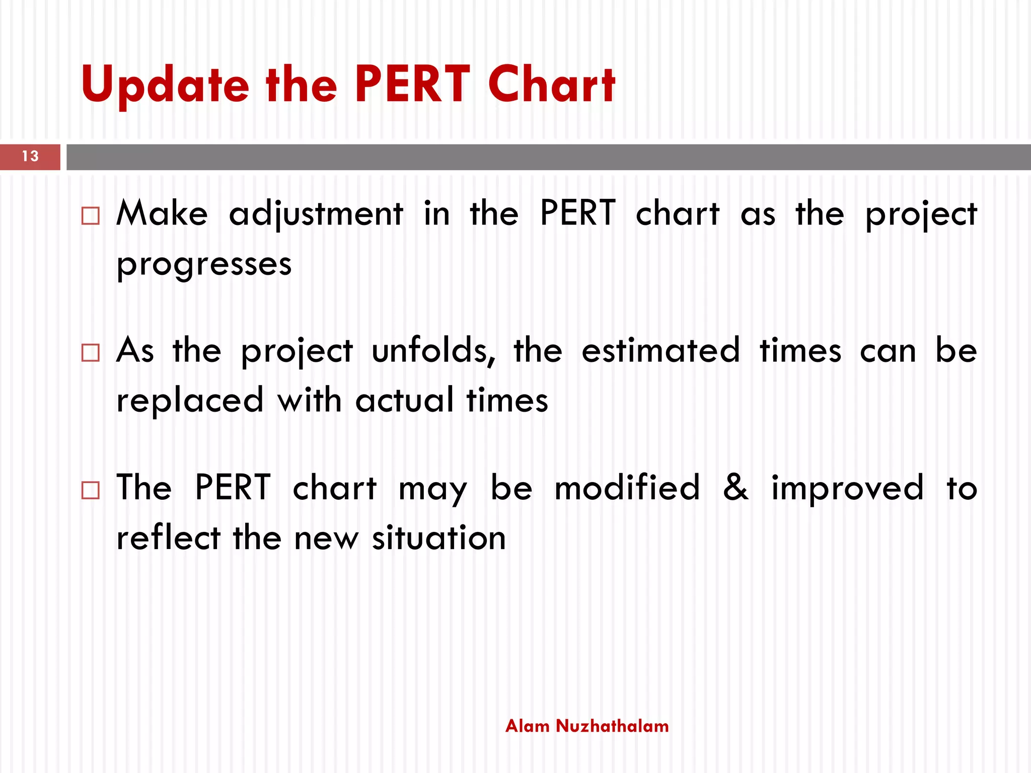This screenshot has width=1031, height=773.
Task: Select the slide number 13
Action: click(30, 157)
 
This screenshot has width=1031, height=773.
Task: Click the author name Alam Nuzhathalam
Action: click(587, 726)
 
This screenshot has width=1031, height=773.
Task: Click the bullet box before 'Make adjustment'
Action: click(91, 216)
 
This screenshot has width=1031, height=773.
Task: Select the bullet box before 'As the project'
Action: click(91, 353)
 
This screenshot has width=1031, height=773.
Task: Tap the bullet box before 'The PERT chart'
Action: click(91, 490)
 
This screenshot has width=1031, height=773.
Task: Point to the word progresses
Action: click(204, 264)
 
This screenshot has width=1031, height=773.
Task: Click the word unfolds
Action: click(433, 350)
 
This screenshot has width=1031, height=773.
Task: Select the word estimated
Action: click(660, 350)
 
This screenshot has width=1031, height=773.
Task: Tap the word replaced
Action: click(190, 401)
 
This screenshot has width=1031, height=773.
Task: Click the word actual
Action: click(404, 401)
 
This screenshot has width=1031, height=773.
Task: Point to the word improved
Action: click(847, 488)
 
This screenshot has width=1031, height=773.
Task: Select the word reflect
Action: click(169, 537)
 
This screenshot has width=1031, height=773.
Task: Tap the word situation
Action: click(438, 537)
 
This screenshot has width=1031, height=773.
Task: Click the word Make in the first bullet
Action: click(162, 213)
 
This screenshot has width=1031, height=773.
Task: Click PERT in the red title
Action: click(412, 85)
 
